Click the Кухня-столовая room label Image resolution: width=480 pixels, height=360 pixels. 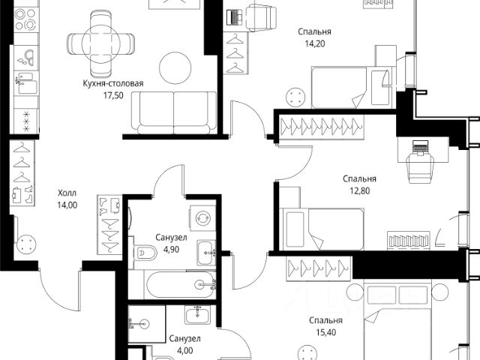point(113,83)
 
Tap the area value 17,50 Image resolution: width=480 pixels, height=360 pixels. point(113,95)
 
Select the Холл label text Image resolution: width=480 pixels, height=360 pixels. point(67,193)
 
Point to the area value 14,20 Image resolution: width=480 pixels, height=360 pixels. point(315,43)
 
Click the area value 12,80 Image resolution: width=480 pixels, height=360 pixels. point(360,191)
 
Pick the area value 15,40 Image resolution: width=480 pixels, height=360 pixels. point(325,332)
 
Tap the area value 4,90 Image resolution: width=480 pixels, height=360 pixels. point(171,250)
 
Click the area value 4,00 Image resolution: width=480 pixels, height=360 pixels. point(185,351)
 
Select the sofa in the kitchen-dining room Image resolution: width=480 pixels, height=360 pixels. point(174,112)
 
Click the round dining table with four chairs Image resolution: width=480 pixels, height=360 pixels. point(100,43)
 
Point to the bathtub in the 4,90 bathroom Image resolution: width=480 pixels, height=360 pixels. point(180,285)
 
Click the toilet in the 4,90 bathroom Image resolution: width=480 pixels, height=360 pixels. point(145,253)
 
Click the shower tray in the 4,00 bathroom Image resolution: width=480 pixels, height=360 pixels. point(147,324)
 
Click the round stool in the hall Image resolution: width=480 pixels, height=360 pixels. point(27,244)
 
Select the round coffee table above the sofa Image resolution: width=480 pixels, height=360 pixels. point(175,67)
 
